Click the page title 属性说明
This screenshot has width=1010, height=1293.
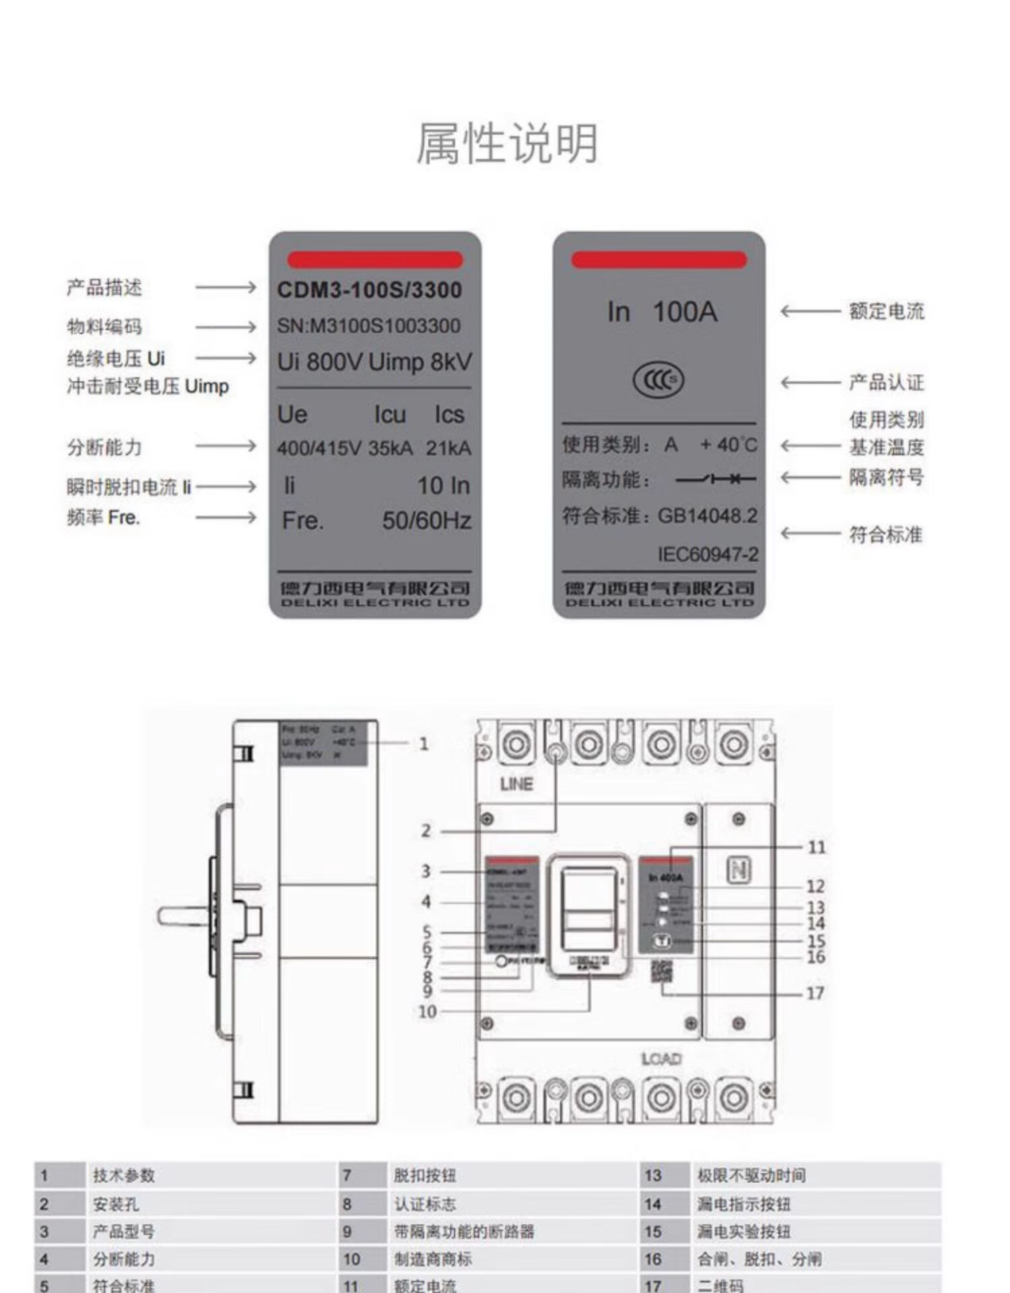[506, 143]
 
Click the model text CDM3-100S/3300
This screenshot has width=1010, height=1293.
[370, 290]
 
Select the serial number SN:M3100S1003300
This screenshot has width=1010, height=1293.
[369, 327]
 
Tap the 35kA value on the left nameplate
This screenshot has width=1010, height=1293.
[391, 449]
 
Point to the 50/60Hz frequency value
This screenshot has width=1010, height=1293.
[426, 521]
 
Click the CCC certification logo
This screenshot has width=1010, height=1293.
[658, 380]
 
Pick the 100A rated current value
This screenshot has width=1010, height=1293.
[685, 312]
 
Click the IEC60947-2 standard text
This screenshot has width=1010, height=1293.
[708, 554]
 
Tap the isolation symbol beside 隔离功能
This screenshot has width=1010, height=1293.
[716, 479]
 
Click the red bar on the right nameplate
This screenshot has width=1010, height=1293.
[659, 260]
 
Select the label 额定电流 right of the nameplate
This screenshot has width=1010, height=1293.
[886, 311]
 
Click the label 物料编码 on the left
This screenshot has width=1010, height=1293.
[104, 327]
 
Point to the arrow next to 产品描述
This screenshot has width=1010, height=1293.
[226, 288]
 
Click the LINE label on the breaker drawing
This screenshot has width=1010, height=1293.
[516, 784]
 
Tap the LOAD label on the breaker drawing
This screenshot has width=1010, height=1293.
[661, 1059]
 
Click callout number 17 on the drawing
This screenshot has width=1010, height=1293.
[815, 993]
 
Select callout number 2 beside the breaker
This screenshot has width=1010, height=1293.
[426, 831]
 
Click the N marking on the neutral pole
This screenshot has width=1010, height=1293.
[739, 870]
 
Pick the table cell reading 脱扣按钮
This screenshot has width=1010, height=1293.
[424, 1176]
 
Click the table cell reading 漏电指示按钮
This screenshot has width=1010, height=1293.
[743, 1204]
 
